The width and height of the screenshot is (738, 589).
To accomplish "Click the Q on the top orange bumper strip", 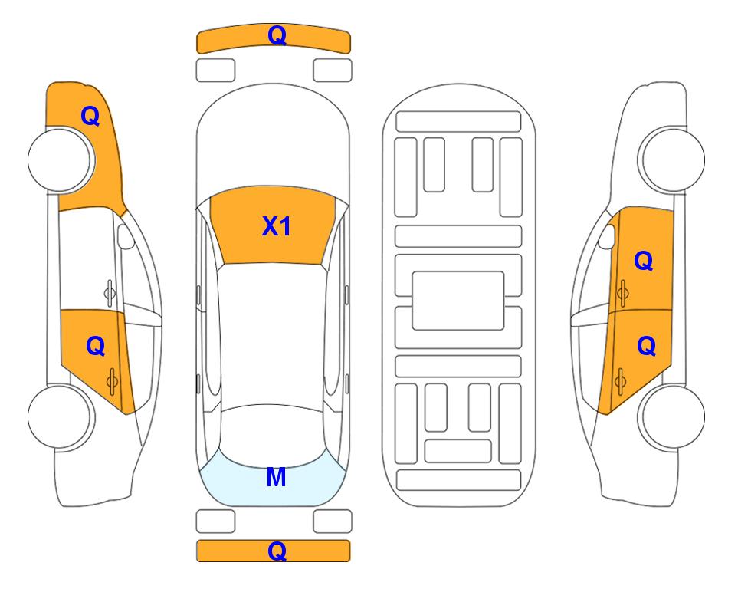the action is click(x=277, y=35).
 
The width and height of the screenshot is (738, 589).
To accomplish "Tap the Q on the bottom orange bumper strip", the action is click(x=277, y=551).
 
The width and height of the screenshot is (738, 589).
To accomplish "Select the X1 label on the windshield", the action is click(x=277, y=226).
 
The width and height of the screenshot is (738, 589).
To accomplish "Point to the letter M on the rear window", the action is click(x=276, y=477).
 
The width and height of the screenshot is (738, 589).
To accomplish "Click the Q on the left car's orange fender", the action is click(x=90, y=116).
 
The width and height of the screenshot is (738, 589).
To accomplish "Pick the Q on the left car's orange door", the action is click(x=96, y=347).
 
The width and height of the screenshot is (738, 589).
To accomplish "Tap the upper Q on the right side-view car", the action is click(x=644, y=261).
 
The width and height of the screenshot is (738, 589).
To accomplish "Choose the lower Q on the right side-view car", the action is click(x=646, y=347).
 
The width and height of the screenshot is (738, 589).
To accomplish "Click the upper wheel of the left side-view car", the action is click(x=60, y=160).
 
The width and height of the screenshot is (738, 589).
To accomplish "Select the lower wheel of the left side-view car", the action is click(x=60, y=416).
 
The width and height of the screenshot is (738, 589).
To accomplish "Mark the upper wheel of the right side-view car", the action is click(x=673, y=160).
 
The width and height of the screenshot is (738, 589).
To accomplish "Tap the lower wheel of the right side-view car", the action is click(x=673, y=416).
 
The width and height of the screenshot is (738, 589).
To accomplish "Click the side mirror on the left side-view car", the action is click(x=125, y=236).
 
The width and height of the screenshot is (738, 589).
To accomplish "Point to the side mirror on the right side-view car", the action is click(x=607, y=236).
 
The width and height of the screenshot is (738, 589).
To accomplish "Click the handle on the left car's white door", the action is click(x=110, y=293).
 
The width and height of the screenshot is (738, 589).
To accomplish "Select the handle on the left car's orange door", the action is click(x=112, y=380).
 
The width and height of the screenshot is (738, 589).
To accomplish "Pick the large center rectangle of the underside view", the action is click(x=458, y=301).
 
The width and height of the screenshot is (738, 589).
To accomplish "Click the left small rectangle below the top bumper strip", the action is click(x=215, y=71).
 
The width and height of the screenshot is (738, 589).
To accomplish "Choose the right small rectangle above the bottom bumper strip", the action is click(x=333, y=522).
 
